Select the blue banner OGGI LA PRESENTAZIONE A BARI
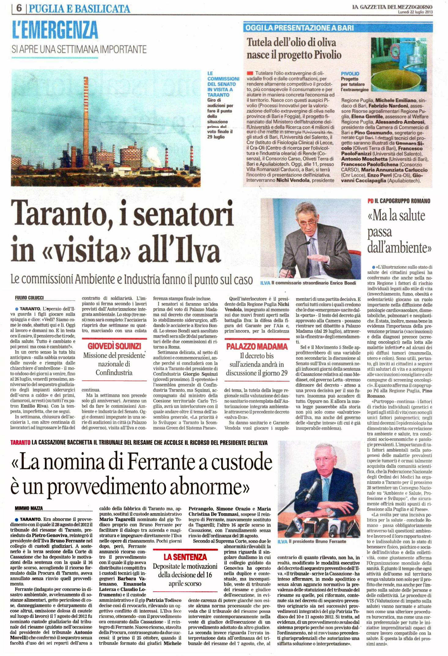click(x=300, y=28)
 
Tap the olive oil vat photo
click(x=401, y=65)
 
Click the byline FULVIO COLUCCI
click(x=29, y=298)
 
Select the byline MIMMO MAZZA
click(x=29, y=508)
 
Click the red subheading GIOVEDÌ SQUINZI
click(x=114, y=346)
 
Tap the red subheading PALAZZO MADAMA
click(x=257, y=346)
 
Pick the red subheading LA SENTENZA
click(x=185, y=557)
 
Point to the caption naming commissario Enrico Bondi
click(x=313, y=283)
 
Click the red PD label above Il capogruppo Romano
click(x=370, y=201)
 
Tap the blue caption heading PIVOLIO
click(x=350, y=74)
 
